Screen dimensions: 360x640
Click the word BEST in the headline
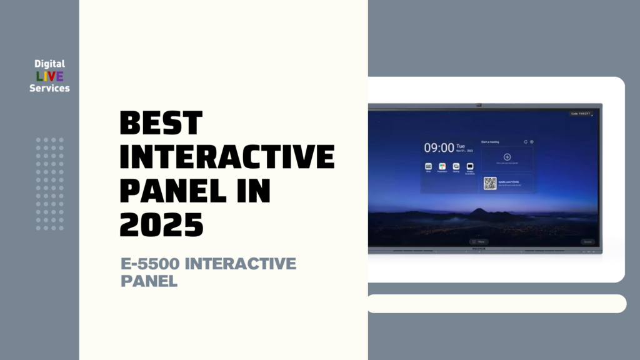click(x=161, y=123)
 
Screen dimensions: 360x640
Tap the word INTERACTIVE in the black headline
click(x=227, y=156)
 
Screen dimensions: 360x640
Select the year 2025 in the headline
click(x=161, y=223)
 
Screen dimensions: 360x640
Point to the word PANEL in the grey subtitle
click(x=149, y=281)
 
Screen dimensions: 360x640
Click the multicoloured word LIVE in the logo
click(x=50, y=76)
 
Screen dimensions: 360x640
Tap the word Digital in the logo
click(x=50, y=64)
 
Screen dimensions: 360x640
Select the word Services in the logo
click(x=50, y=89)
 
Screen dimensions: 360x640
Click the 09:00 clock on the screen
click(x=439, y=148)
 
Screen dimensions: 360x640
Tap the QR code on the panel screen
click(x=490, y=183)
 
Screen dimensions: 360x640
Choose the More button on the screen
click(x=479, y=241)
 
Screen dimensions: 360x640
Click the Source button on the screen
click(x=587, y=241)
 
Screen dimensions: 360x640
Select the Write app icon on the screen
click(x=429, y=166)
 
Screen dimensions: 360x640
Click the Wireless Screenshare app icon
click(x=470, y=166)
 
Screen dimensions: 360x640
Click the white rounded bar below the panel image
click(x=496, y=304)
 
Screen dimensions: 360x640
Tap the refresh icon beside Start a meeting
click(x=525, y=142)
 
